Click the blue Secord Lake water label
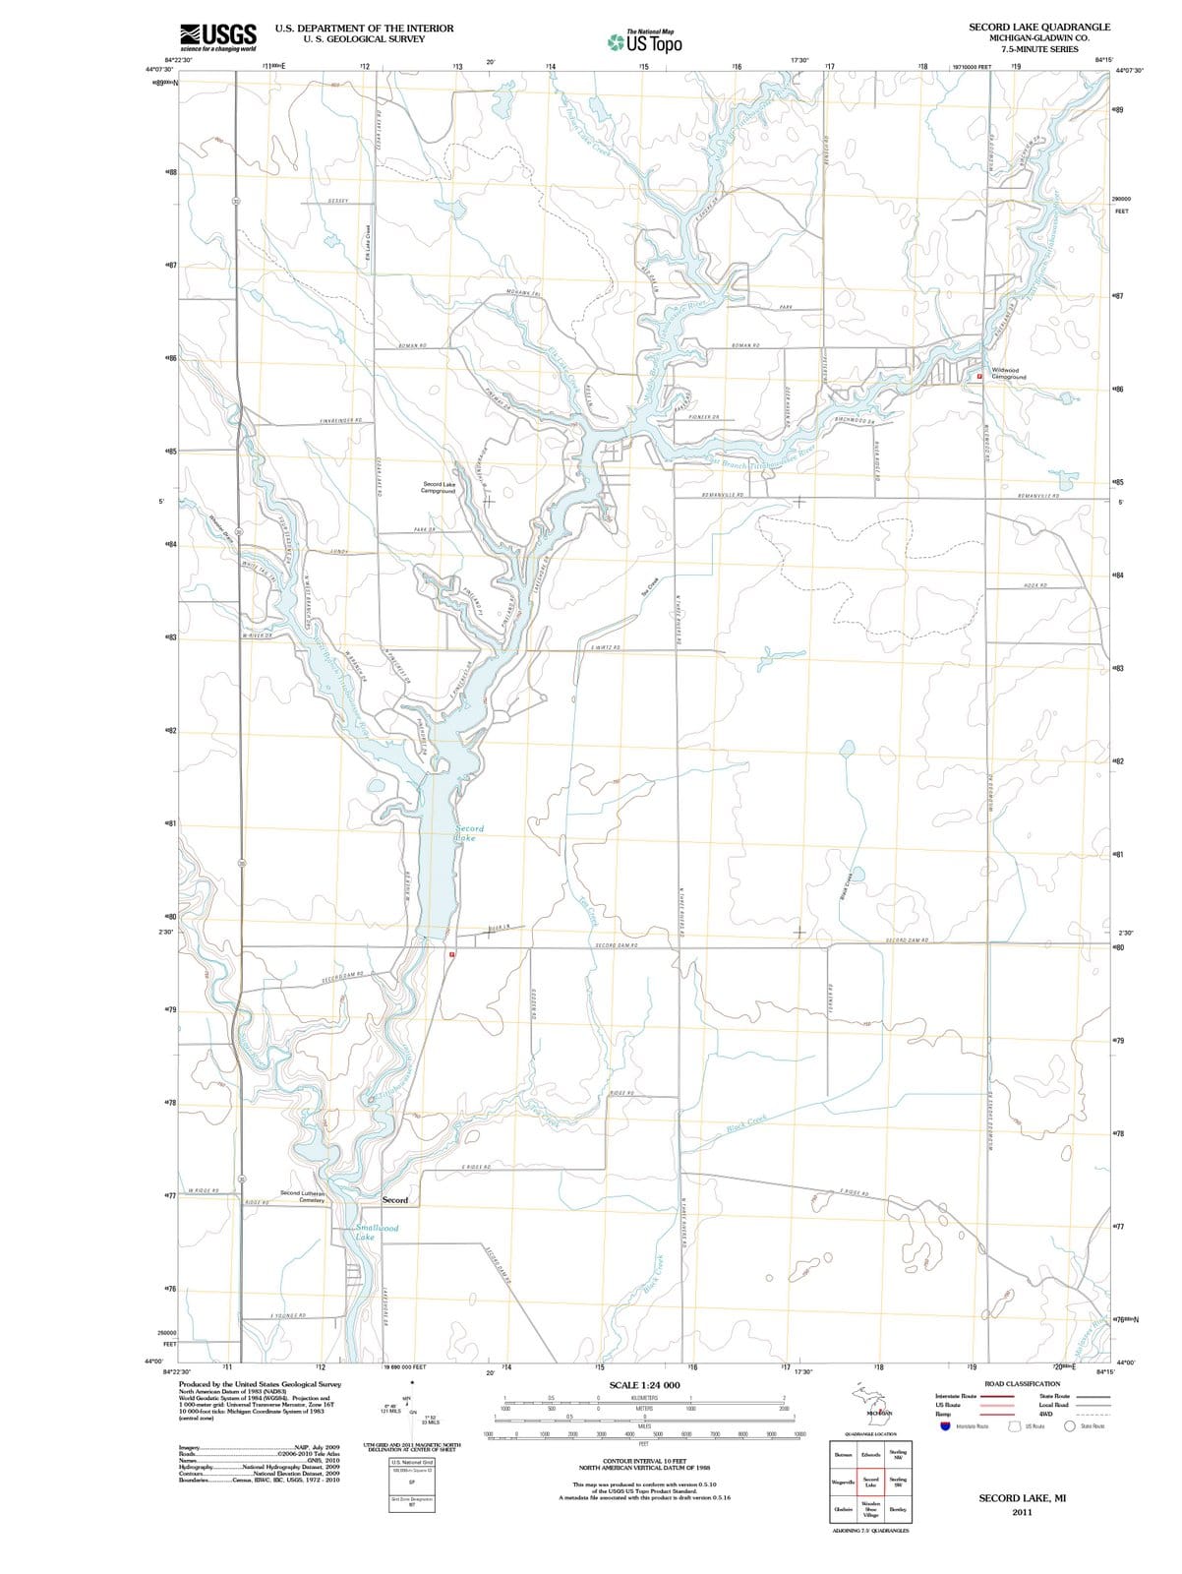point(468,833)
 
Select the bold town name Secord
point(395,1200)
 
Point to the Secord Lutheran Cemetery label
point(304,1196)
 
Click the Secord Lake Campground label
point(439,487)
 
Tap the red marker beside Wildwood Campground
point(979,376)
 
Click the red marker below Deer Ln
point(452,954)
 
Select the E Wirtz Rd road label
point(604,648)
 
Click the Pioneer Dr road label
point(704,417)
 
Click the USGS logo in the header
point(218,36)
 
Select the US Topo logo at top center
point(645,42)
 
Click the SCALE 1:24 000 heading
point(644,1385)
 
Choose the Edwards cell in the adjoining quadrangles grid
point(871,1454)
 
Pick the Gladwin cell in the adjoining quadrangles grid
point(844,1508)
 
